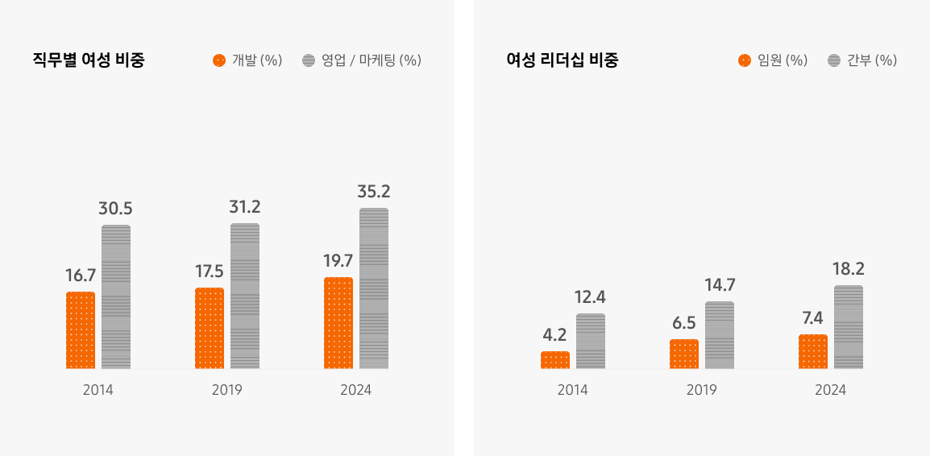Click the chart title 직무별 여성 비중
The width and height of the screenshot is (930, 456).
point(89,60)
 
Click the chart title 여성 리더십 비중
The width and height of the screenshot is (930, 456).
point(563,60)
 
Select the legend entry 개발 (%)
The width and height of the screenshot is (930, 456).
point(247,60)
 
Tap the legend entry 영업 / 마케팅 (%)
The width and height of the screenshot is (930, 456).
point(362,60)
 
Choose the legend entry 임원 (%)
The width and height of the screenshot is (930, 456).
point(773,60)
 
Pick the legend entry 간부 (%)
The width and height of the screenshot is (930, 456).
point(862,60)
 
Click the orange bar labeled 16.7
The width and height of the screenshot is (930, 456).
point(81,330)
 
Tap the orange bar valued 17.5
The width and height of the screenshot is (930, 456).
point(210,328)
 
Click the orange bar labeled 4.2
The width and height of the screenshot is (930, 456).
point(555,360)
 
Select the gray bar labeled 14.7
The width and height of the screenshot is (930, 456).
point(720,335)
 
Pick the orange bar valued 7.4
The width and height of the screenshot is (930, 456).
point(813,351)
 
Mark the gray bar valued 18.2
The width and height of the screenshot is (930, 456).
point(849,327)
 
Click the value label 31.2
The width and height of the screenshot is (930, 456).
point(245,207)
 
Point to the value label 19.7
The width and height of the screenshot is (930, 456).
point(338,260)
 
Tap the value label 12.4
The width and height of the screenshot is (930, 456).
point(590,297)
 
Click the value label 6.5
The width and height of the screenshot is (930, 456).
point(684,322)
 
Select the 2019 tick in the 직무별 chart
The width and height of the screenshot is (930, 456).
point(227,390)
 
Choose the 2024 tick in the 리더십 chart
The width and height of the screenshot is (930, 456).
point(830,390)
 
